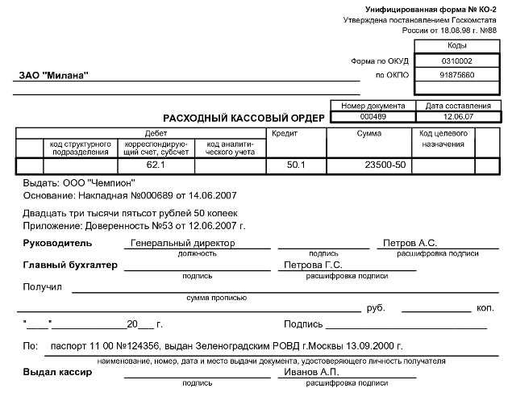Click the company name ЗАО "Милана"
[x=54, y=76]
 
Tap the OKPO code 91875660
[x=457, y=75]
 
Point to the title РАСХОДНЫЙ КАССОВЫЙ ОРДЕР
[x=244, y=119]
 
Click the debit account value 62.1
[x=156, y=165]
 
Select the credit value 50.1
[x=297, y=165]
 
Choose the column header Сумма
[x=368, y=133]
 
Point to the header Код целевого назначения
[x=443, y=138]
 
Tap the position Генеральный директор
[x=182, y=242]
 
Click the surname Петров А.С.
[x=410, y=242]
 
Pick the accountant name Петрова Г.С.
[x=314, y=265]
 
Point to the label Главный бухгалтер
[x=70, y=265]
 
